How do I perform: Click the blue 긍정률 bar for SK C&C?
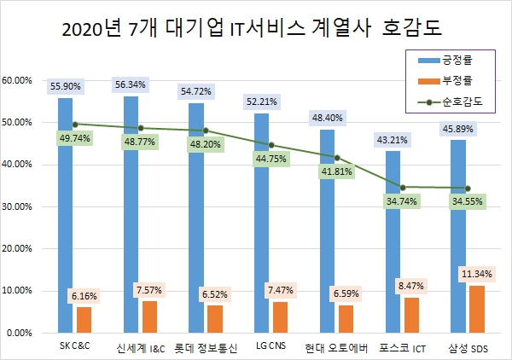pos(65,213)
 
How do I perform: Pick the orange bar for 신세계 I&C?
pos(150,316)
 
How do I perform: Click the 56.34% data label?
pos(131,84)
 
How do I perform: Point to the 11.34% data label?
pos(477,274)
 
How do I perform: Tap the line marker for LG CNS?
pos(271,145)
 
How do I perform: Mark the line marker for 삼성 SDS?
pos(468,188)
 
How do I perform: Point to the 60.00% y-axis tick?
pos(18,80)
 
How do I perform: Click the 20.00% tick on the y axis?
pos(18,248)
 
